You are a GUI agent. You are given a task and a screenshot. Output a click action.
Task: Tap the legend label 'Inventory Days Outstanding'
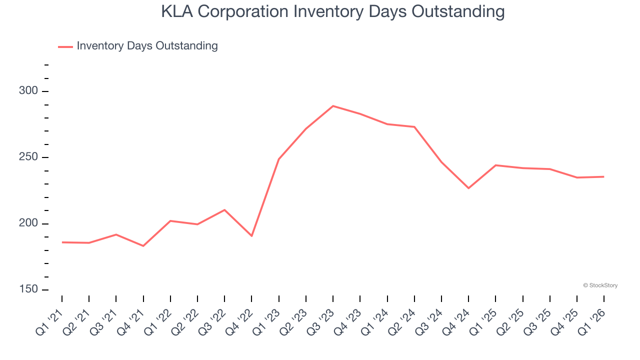point(147,46)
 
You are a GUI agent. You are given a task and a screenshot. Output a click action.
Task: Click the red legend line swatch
point(65,46)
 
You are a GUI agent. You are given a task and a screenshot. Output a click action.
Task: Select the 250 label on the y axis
point(28,157)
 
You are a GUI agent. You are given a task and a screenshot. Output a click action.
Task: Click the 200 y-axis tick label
point(28,224)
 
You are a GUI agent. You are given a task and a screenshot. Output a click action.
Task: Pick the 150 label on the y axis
point(28,290)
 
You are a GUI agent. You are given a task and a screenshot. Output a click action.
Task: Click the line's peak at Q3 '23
point(333,106)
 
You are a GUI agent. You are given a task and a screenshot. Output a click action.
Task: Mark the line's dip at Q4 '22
point(251,235)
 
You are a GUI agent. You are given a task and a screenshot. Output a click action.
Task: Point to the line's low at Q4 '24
point(468,188)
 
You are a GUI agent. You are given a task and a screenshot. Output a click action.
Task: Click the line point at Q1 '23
point(278,159)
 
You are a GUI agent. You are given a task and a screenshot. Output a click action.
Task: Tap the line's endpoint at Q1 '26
point(603,176)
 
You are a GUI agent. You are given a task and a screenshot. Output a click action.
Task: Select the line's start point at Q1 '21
point(62,242)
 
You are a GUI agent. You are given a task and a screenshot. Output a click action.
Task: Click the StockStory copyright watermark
point(600,285)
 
